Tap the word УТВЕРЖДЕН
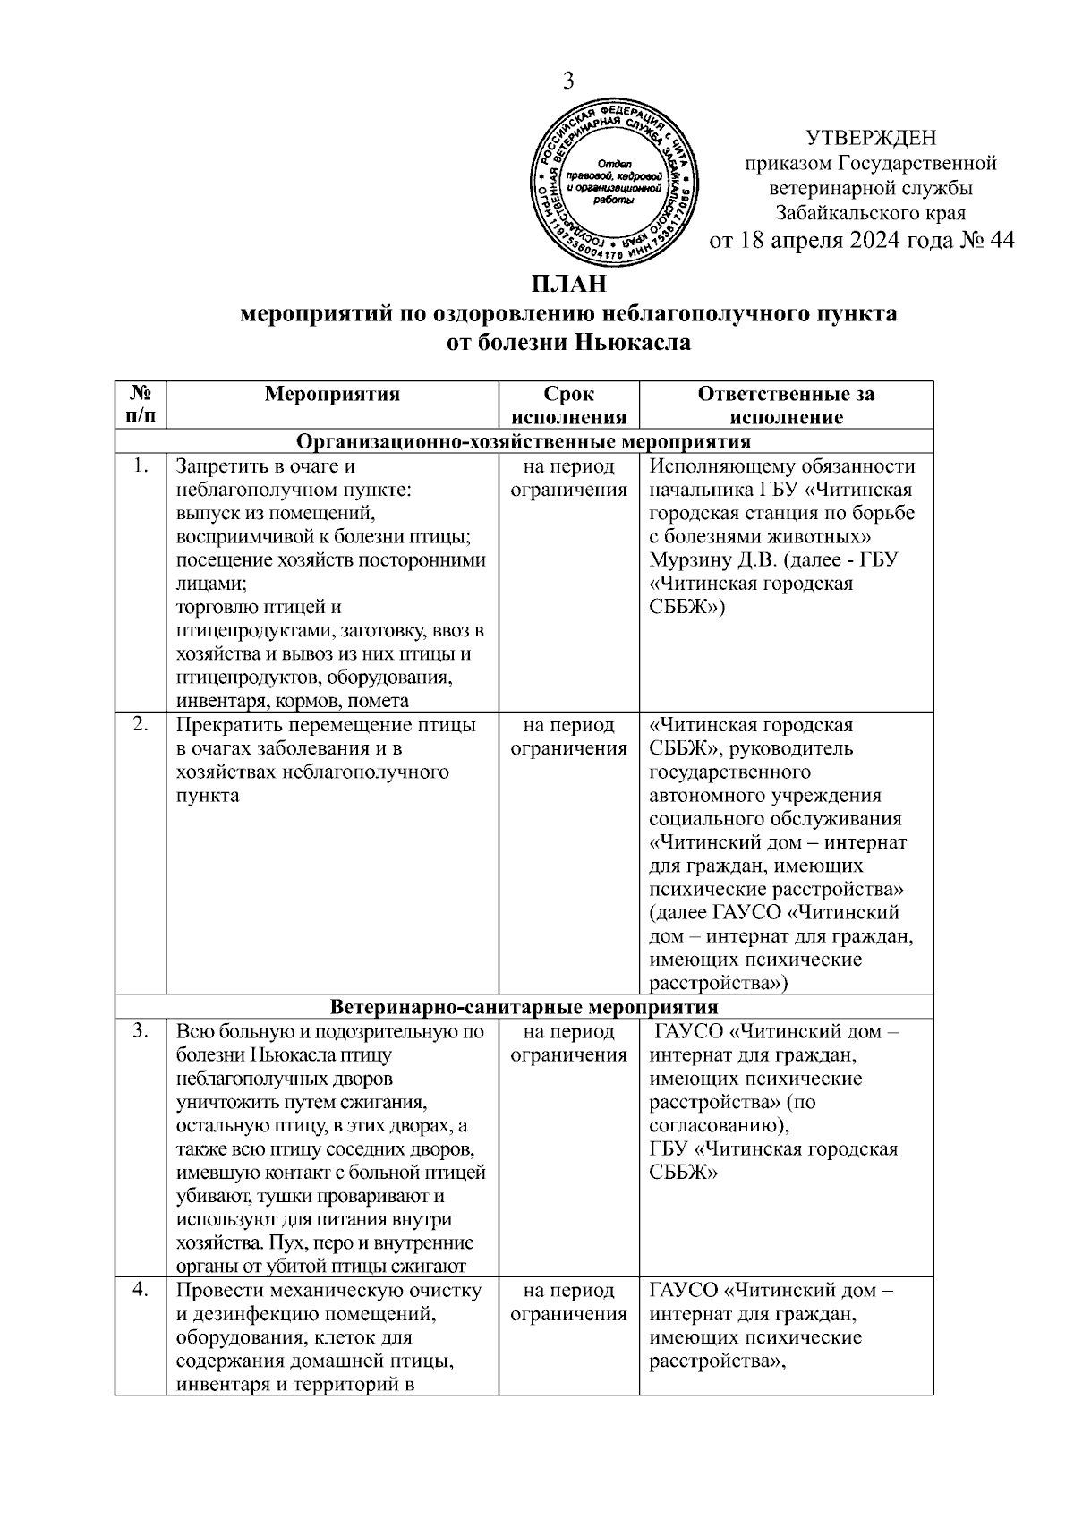(871, 138)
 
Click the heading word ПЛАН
(569, 285)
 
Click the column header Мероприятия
(332, 394)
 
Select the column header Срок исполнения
(568, 405)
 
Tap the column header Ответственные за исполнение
(786, 405)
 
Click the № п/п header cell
(141, 405)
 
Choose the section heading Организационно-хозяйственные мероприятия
(524, 442)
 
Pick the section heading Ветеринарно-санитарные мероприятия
(524, 1007)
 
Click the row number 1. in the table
(140, 466)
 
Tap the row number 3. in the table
(140, 1031)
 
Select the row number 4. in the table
(140, 1291)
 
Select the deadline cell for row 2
(568, 737)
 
